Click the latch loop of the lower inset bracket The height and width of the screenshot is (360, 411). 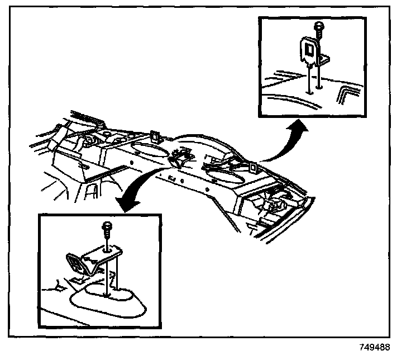(75, 263)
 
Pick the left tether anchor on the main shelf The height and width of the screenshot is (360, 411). (155, 135)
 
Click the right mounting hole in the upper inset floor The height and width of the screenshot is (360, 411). (319, 87)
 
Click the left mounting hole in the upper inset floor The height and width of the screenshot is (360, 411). (308, 89)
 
